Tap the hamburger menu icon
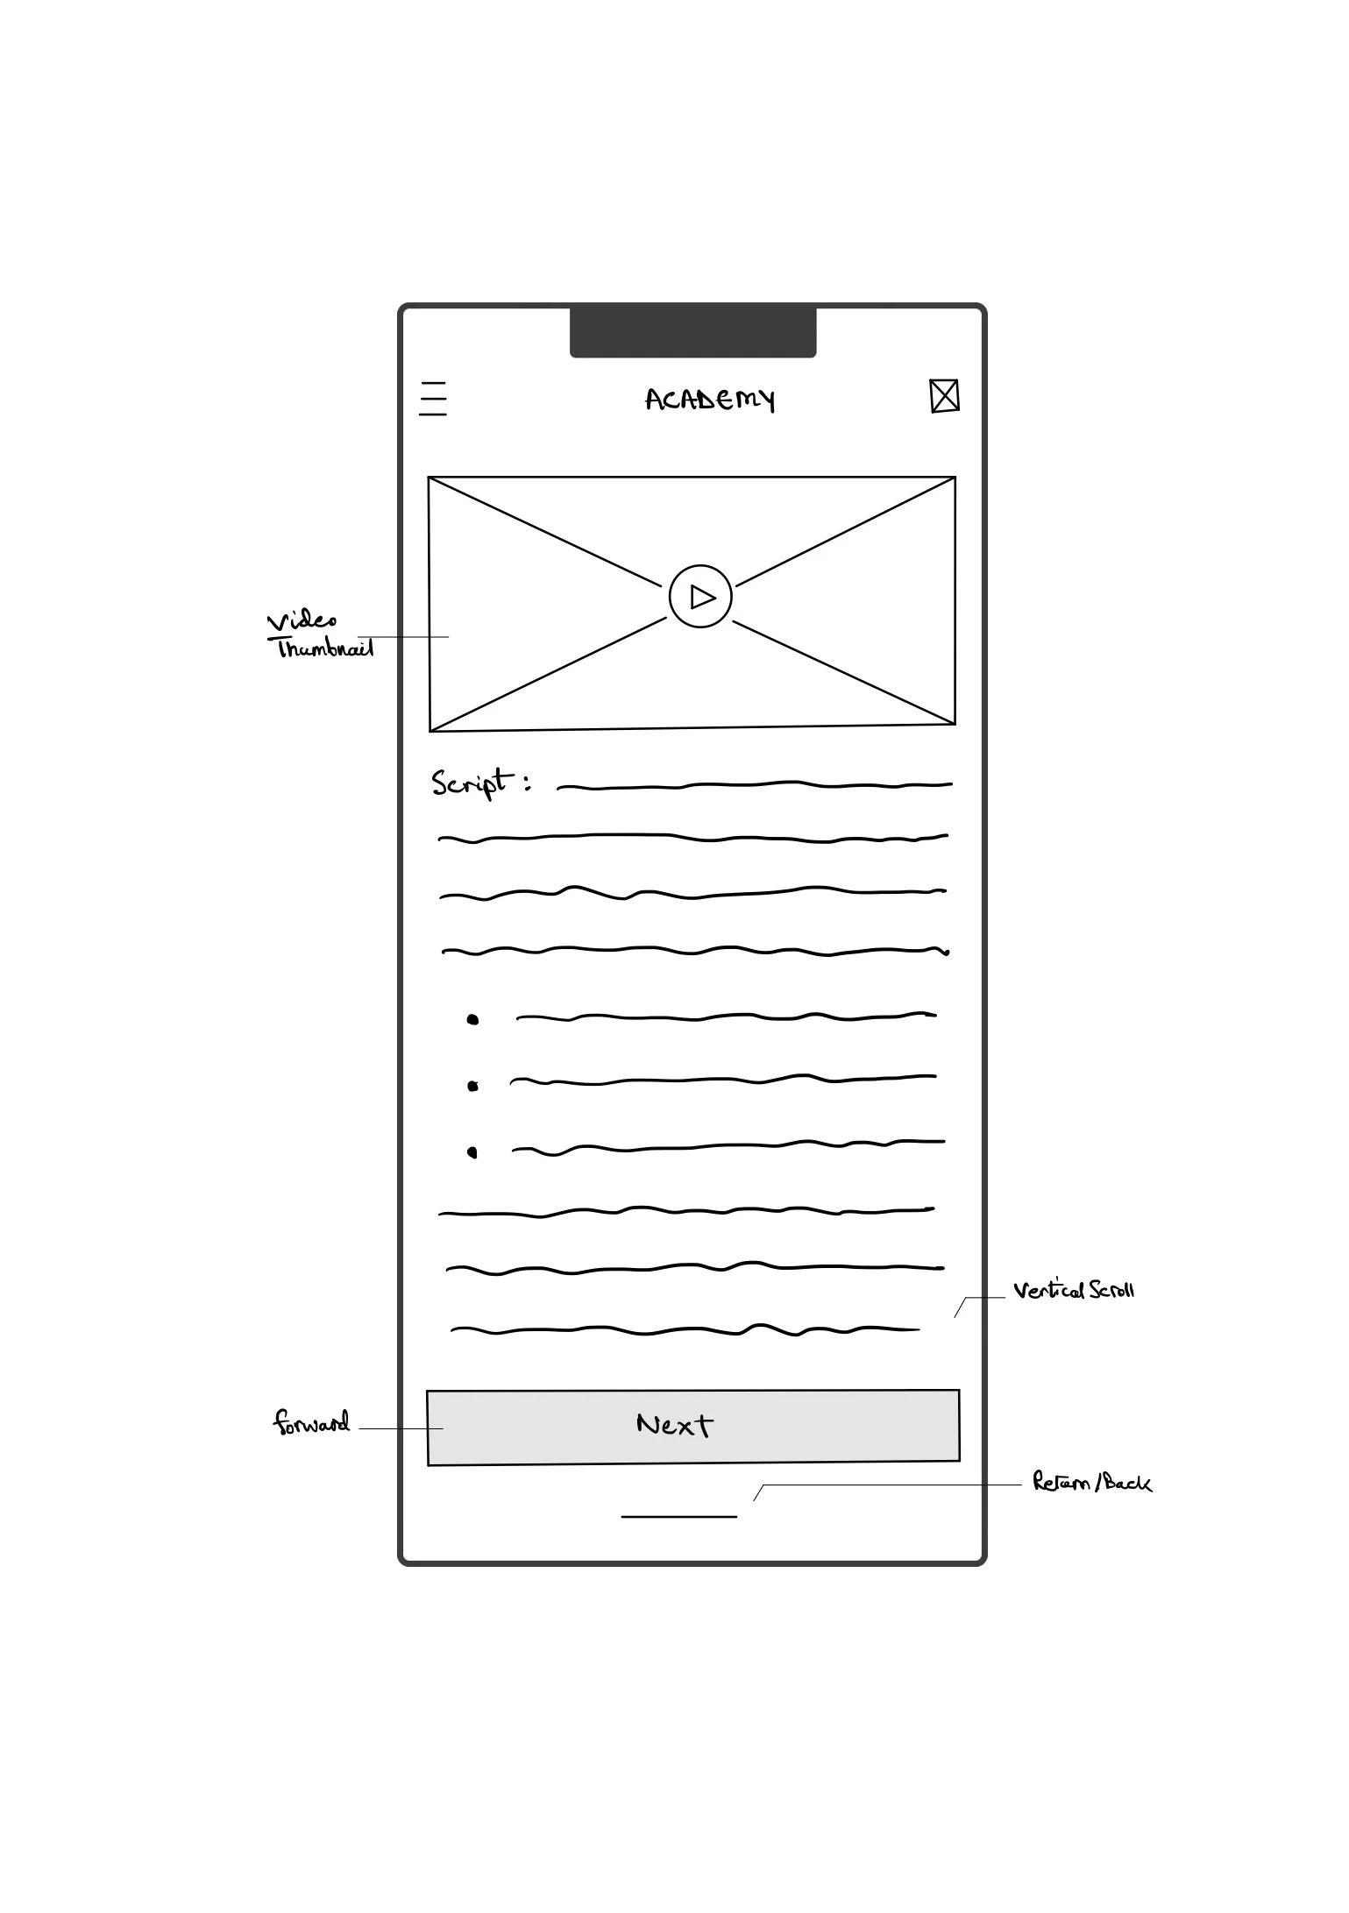tap(433, 399)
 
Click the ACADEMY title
tap(710, 400)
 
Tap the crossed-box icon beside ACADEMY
tap(944, 396)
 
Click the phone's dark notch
tap(692, 331)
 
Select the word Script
tap(470, 782)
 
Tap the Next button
tap(692, 1426)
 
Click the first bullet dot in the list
tap(472, 1019)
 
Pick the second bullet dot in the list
tap(472, 1086)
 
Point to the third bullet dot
tap(472, 1151)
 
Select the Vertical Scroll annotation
tap(1073, 1290)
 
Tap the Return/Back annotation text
tap(1091, 1483)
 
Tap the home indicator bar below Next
tap(678, 1516)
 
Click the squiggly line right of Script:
tap(754, 785)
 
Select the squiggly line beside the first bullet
tap(726, 1017)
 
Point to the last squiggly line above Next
tap(684, 1331)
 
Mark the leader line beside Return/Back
tap(885, 1485)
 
